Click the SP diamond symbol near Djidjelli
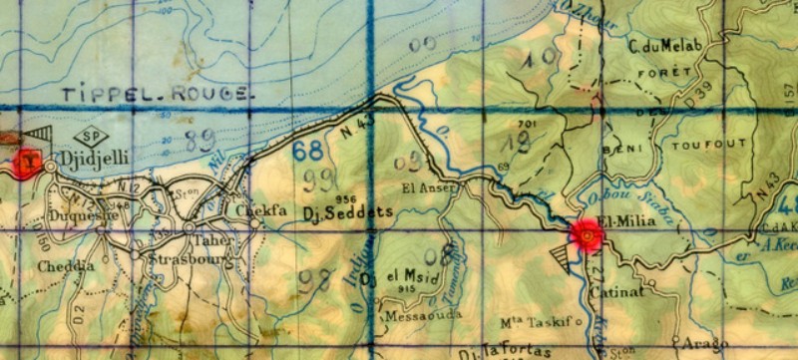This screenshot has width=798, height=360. tap(96, 137)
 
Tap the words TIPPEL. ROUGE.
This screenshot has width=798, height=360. tap(155, 93)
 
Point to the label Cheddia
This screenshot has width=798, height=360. tap(65, 267)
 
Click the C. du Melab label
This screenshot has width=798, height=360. tap(667, 46)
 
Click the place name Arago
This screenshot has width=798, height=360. tap(701, 343)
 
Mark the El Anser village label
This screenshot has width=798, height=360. tap(429, 187)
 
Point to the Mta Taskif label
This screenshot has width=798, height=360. tap(540, 323)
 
